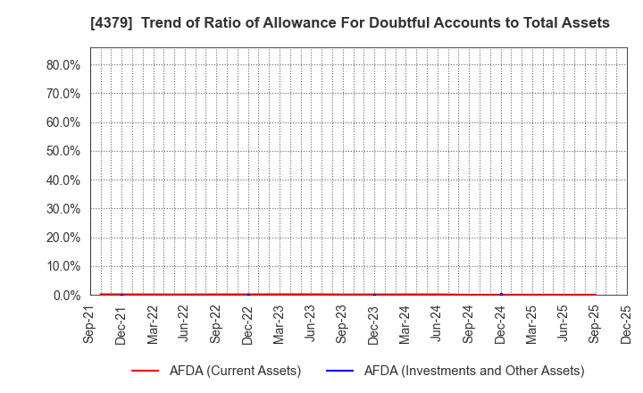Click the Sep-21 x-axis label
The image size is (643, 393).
90,323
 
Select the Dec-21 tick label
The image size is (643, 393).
121,323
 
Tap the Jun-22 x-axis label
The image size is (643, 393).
184,323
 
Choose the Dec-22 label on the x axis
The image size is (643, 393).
247,323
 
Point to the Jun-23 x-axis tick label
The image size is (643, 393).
311,323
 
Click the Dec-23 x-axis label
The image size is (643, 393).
374,323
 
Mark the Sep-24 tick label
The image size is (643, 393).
469,323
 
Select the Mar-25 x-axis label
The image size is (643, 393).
532,323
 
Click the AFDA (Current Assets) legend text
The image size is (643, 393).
235,371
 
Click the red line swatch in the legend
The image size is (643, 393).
145,371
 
